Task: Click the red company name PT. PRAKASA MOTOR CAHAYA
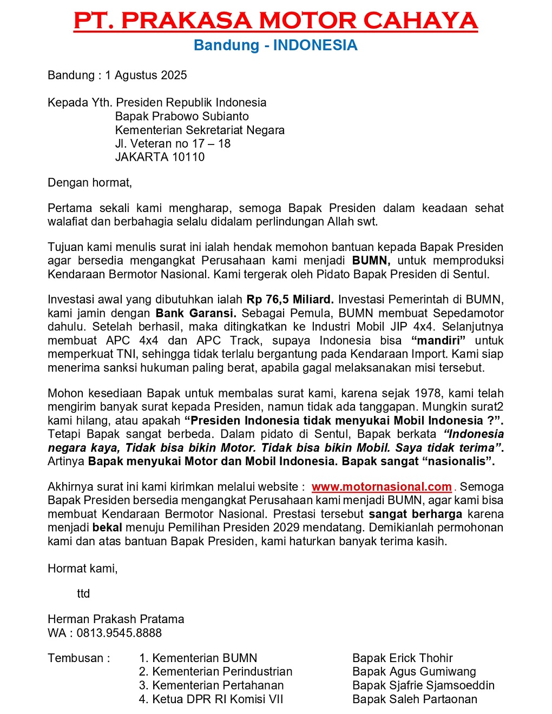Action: coord(275,21)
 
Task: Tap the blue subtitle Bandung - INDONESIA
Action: coord(275,45)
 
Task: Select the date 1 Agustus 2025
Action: coord(146,75)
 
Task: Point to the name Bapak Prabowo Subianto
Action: coord(182,116)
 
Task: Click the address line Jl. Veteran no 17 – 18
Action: coord(173,143)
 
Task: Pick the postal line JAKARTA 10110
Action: coord(160,157)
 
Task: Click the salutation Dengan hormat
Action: coord(90,182)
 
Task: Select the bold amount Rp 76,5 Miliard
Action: coord(290,300)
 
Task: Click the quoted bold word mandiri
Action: coord(438,341)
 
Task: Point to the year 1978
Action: coord(428,393)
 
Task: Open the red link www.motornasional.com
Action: coord(382,487)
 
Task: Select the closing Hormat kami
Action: coord(82,568)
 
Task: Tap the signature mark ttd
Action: coord(83,593)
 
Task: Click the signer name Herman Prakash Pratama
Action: coord(116,619)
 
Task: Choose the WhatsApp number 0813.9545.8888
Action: coord(119,633)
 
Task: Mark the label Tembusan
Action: coord(78,658)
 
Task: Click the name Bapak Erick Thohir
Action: coord(402,658)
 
